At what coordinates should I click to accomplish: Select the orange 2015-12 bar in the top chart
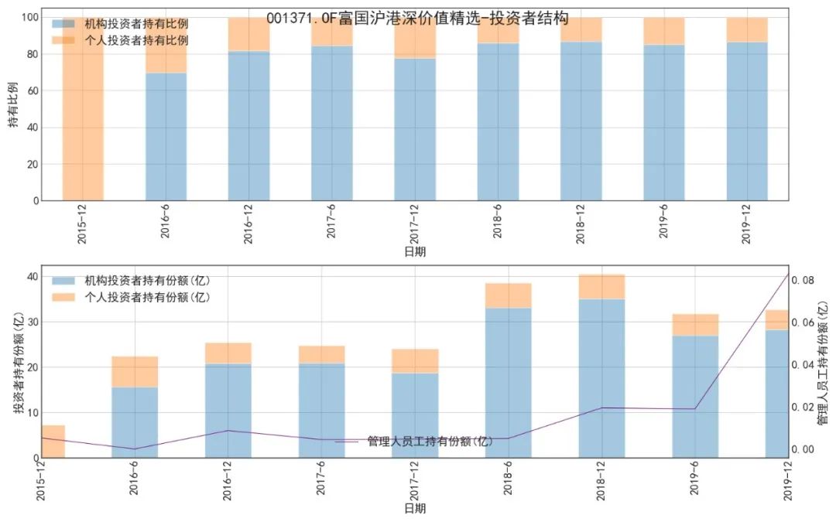tap(83, 108)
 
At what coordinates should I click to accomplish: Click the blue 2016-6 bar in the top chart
tap(166, 137)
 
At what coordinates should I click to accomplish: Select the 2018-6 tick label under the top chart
tap(498, 225)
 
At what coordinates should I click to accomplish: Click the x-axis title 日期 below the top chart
tap(415, 251)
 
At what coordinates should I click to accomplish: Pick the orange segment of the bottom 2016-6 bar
tap(135, 372)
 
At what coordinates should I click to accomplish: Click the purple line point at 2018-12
tap(601, 408)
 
